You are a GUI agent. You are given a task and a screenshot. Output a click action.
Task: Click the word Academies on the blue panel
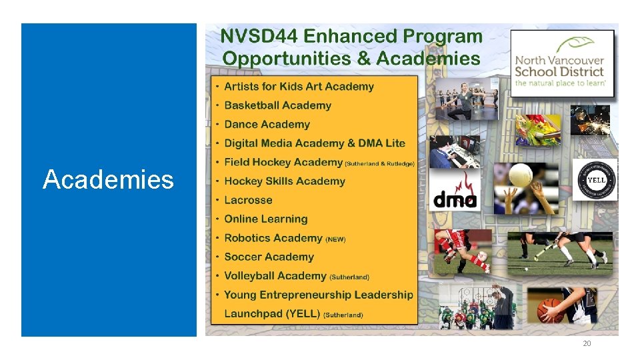[108, 180]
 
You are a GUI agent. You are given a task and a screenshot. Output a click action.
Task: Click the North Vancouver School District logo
[562, 63]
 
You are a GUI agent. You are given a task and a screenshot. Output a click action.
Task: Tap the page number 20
[587, 343]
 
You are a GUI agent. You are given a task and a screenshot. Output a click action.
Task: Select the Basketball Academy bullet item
[277, 105]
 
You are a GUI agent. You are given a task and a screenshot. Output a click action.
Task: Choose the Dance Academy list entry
[267, 125]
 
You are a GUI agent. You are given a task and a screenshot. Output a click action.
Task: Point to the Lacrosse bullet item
[248, 200]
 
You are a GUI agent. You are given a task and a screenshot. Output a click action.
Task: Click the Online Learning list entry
[265, 219]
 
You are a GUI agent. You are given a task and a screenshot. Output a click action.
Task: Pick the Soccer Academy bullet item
[269, 257]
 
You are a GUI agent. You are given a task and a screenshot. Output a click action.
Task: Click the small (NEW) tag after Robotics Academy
[335, 239]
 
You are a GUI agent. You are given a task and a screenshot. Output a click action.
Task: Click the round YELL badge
[595, 179]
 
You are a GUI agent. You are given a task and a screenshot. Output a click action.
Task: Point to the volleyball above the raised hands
[521, 175]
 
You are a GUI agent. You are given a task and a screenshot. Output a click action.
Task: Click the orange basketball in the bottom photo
[550, 310]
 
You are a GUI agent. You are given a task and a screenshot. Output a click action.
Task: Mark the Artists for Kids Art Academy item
[299, 87]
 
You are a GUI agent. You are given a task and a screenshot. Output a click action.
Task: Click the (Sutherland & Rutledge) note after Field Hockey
[380, 163]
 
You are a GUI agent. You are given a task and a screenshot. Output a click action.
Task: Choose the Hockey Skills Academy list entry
[284, 181]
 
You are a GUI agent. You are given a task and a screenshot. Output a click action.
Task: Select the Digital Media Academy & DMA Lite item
[314, 143]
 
